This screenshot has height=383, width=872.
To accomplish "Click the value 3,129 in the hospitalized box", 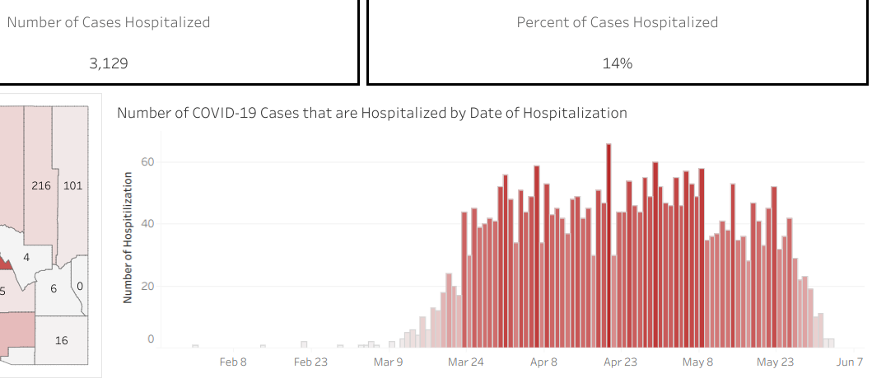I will point(109,63).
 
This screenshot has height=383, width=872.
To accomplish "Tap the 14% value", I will point(617,63).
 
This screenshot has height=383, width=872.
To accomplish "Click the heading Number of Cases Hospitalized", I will point(109,22).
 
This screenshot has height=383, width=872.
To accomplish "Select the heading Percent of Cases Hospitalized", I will point(617,22).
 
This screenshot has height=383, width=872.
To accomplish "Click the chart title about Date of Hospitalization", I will point(371,113).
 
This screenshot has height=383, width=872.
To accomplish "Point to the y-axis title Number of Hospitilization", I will point(128,237).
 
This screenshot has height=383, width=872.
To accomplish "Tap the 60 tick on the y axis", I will point(147,161).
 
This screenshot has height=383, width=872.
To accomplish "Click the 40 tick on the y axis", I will point(147,223).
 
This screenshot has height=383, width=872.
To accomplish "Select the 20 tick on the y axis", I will point(147,286).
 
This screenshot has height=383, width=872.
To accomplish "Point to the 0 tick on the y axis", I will point(151,339).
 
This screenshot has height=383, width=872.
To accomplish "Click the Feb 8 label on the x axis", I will point(234,362).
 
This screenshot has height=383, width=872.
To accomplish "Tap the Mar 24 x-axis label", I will point(466,362).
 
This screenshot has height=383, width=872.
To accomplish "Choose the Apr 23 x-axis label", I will point(620,362).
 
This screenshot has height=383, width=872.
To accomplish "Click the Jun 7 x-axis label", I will point(850,362).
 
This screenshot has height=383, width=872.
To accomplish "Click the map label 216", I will point(41,185).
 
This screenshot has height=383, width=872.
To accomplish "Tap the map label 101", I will point(72,185).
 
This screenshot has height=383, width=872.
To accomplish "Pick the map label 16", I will point(61,340).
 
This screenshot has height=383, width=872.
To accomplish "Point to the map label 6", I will point(54,288).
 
